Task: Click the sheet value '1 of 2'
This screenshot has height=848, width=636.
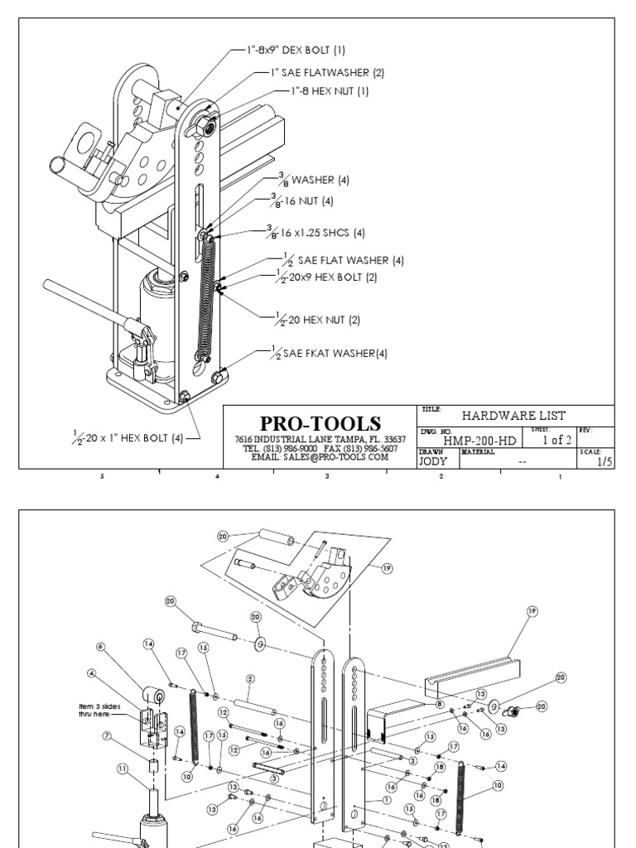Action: [556, 441]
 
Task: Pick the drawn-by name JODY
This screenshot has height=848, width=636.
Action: [433, 463]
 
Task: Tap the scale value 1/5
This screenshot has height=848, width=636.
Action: [604, 463]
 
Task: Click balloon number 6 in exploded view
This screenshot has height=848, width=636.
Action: [101, 647]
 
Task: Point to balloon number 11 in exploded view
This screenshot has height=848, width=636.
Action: [123, 768]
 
